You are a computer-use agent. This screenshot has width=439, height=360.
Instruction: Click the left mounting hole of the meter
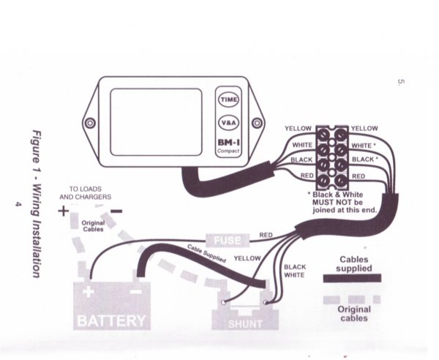pos(91,122)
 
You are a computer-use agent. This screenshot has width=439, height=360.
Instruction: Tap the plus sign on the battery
pos(89,291)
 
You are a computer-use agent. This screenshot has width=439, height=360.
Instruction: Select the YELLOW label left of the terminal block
pos(299,129)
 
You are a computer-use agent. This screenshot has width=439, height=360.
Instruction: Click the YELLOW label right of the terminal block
pos(364,129)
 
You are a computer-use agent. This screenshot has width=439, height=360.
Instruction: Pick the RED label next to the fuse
pos(266,236)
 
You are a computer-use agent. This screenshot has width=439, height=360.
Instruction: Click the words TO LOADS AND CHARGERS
pos(85,192)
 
